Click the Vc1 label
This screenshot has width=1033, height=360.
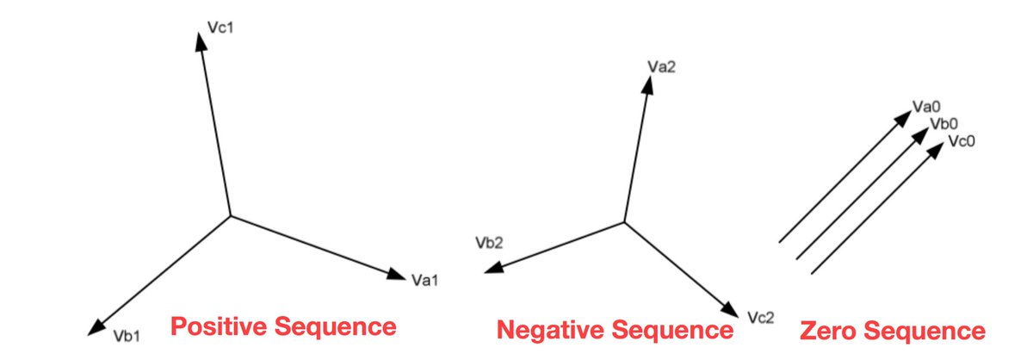click(x=222, y=28)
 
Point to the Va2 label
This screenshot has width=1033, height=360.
click(x=661, y=66)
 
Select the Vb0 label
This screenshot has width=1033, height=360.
click(x=944, y=125)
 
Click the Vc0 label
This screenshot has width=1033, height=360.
click(x=961, y=140)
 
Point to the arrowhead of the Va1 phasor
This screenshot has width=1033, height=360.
click(x=398, y=275)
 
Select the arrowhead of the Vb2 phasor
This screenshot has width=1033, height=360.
click(x=491, y=270)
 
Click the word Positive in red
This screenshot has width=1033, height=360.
click(x=217, y=327)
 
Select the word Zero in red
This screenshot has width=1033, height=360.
click(x=830, y=332)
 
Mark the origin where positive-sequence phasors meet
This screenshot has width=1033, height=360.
click(x=229, y=215)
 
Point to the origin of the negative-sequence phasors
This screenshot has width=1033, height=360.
click(x=624, y=222)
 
